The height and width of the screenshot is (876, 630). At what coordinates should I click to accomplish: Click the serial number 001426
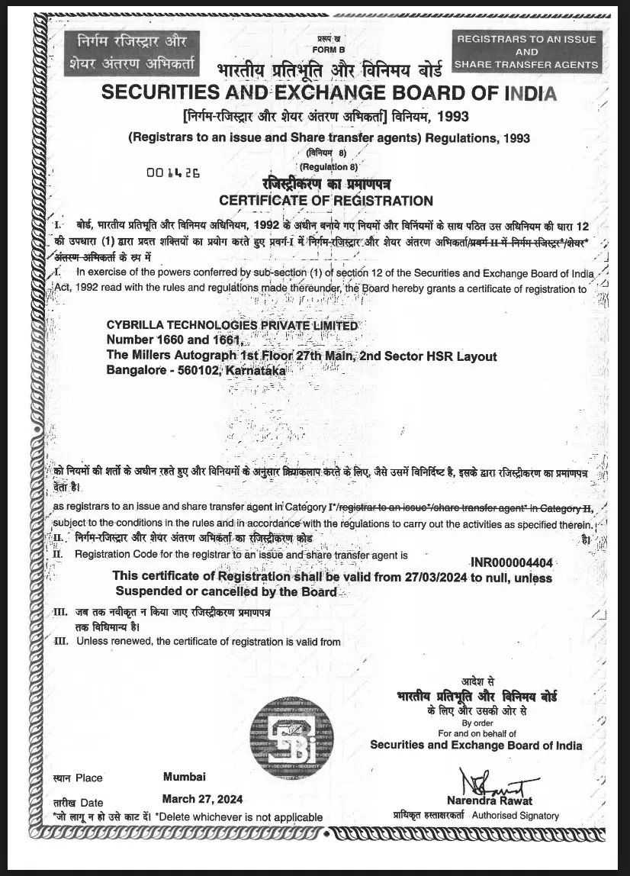173,172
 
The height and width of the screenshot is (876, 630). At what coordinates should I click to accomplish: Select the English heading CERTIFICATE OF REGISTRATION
326,201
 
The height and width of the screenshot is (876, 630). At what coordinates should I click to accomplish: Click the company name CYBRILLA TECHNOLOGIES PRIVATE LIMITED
232,325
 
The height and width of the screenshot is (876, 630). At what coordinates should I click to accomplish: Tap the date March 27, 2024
203,799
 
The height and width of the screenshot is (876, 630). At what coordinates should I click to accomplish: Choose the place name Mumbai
185,777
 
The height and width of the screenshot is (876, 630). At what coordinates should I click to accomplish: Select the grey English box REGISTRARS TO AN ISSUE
526,52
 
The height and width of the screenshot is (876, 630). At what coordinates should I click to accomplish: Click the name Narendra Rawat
500,800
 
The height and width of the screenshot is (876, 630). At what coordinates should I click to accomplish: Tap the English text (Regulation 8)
329,166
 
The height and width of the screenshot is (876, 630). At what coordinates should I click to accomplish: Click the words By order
477,723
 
